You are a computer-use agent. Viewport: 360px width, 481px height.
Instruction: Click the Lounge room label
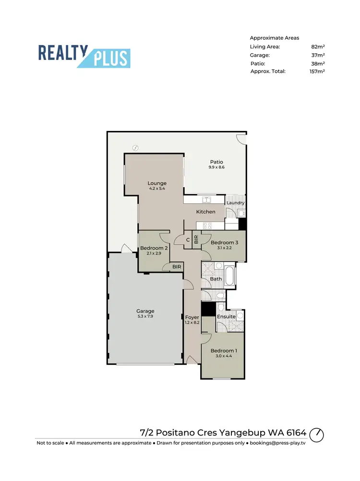(157, 183)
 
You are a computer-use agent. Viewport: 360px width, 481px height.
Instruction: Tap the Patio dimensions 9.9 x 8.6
(216, 167)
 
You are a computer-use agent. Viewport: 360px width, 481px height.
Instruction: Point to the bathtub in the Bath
(230, 276)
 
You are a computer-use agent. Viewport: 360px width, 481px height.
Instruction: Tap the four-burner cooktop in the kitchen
(208, 225)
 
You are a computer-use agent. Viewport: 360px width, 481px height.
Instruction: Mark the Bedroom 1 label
(223, 351)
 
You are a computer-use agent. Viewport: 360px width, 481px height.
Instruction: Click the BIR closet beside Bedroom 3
(196, 239)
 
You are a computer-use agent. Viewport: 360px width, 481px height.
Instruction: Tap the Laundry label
(235, 203)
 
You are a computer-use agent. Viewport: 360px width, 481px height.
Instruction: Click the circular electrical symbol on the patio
(135, 148)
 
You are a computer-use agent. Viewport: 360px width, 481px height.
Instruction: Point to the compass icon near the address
(316, 434)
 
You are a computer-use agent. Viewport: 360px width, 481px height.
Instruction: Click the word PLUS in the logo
(111, 58)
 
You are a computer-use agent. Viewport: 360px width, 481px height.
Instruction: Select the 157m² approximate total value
(317, 71)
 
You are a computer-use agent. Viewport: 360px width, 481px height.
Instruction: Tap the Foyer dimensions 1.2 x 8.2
(192, 323)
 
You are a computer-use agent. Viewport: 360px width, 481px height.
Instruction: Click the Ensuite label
(226, 317)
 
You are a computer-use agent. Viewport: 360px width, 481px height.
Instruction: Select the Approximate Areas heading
(274, 37)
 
